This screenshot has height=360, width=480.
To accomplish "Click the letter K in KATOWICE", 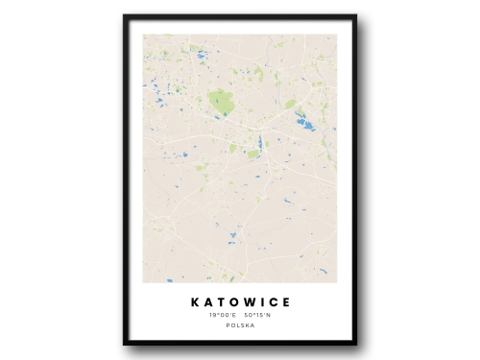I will (192, 302).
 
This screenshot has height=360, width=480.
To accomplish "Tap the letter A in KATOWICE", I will (205, 302).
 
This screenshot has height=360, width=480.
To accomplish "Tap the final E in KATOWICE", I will (285, 302).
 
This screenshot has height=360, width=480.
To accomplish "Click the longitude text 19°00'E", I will (222, 315).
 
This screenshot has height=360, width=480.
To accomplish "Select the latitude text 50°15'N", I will (256, 315).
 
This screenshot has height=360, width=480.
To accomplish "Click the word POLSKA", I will (240, 325).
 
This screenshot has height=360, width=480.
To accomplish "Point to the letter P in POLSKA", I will (228, 325).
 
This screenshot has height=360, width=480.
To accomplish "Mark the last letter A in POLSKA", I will (252, 325).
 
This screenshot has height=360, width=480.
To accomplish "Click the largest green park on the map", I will (221, 99).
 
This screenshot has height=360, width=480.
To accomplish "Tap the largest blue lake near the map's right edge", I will (304, 122).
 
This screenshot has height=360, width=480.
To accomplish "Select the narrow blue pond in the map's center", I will (259, 142).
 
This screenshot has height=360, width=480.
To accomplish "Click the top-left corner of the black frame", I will (125, 16).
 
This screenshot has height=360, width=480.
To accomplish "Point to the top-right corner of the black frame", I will (355, 16).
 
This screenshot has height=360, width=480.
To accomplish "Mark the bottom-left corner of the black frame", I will (125, 343).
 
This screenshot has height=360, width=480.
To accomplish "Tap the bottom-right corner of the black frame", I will (355, 343).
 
